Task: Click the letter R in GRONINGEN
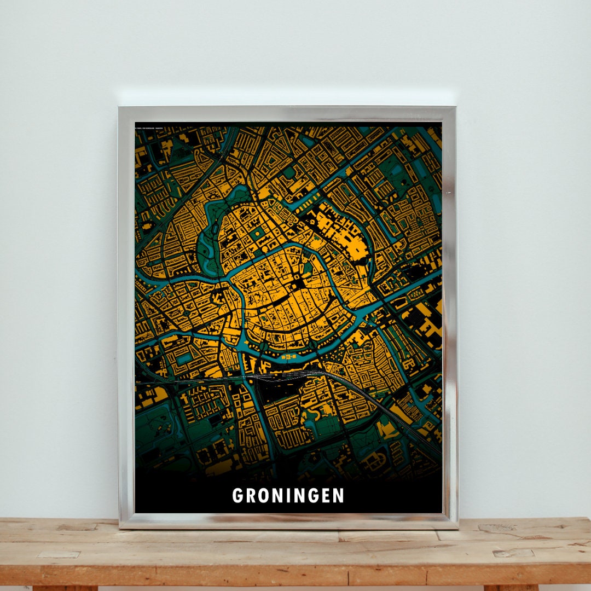[250, 496]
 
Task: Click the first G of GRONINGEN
[237, 496]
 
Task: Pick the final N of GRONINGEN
[339, 496]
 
